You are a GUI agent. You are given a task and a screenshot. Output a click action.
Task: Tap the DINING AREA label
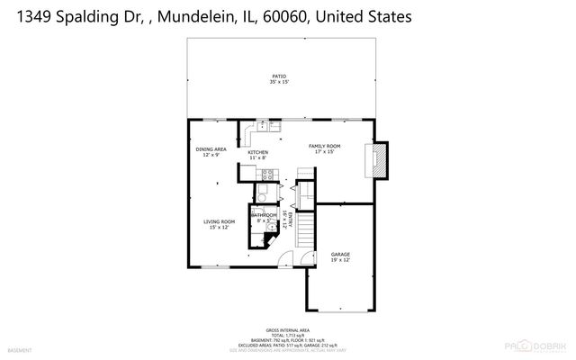[x=210, y=149]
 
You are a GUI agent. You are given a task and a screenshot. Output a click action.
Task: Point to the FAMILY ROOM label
[x=325, y=145]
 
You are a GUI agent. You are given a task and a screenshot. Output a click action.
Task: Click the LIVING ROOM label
[x=219, y=221]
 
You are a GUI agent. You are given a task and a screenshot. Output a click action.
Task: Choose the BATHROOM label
[x=263, y=215]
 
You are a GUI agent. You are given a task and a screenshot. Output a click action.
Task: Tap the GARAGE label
[x=340, y=255]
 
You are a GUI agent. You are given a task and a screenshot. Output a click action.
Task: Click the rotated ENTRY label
[x=285, y=220]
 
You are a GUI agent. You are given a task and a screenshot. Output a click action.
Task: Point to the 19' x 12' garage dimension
[x=340, y=261]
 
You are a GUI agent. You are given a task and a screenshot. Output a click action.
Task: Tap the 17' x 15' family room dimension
[x=325, y=151]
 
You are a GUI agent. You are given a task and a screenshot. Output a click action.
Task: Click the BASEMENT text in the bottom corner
[x=20, y=349]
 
